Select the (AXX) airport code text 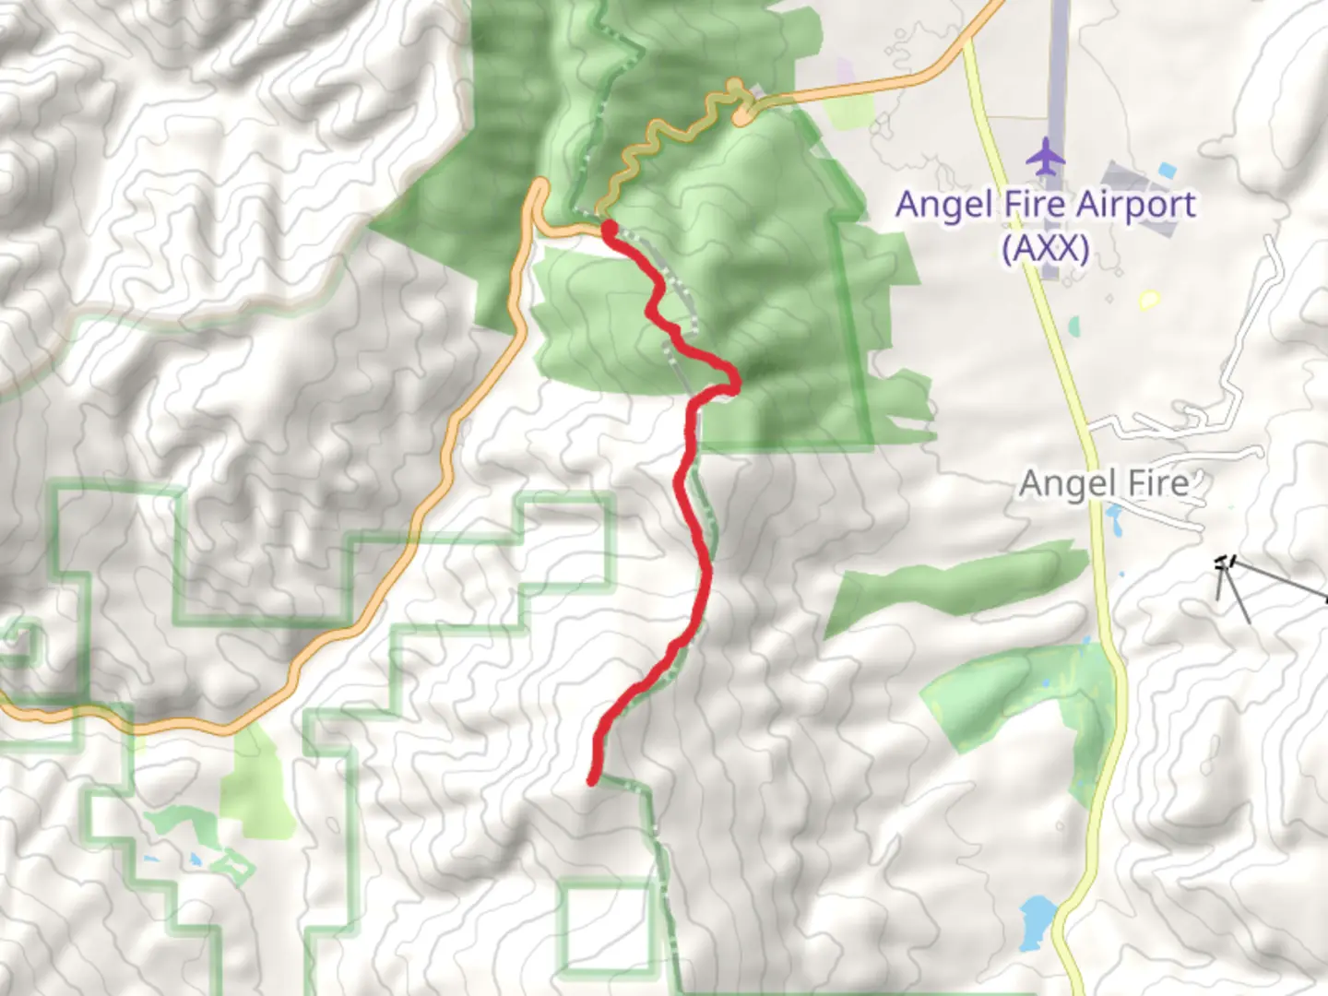[1045, 247]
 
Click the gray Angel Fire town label [1103, 483]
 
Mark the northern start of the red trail [610, 227]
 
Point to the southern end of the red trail [592, 781]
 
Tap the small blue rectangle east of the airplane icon [1167, 171]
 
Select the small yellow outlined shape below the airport [1148, 300]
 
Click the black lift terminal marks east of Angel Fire [1224, 563]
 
